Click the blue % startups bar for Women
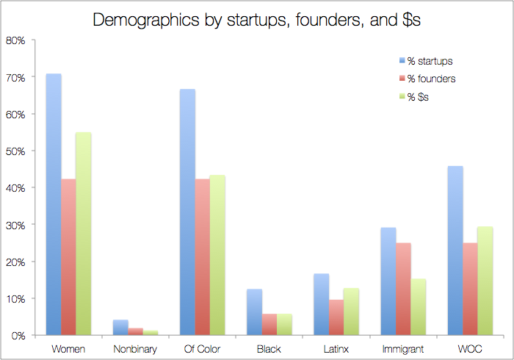coord(54,204)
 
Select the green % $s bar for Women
coord(83,234)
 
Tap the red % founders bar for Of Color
coord(202,257)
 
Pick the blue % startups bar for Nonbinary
coord(120,327)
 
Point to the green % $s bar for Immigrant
coord(419,307)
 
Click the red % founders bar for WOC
coord(470,289)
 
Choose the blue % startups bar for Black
coord(254,312)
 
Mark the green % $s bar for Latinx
coord(351,312)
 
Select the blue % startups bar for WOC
coord(455,251)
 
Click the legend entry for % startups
coord(426,61)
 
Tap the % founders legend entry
coord(427,79)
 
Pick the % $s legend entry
coord(413,97)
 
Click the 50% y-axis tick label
coord(15,151)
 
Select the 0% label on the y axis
coord(18,336)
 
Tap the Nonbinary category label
coord(135,349)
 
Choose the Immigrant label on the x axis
coord(403,349)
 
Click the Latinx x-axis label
coord(336,349)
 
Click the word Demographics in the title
coord(146,21)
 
